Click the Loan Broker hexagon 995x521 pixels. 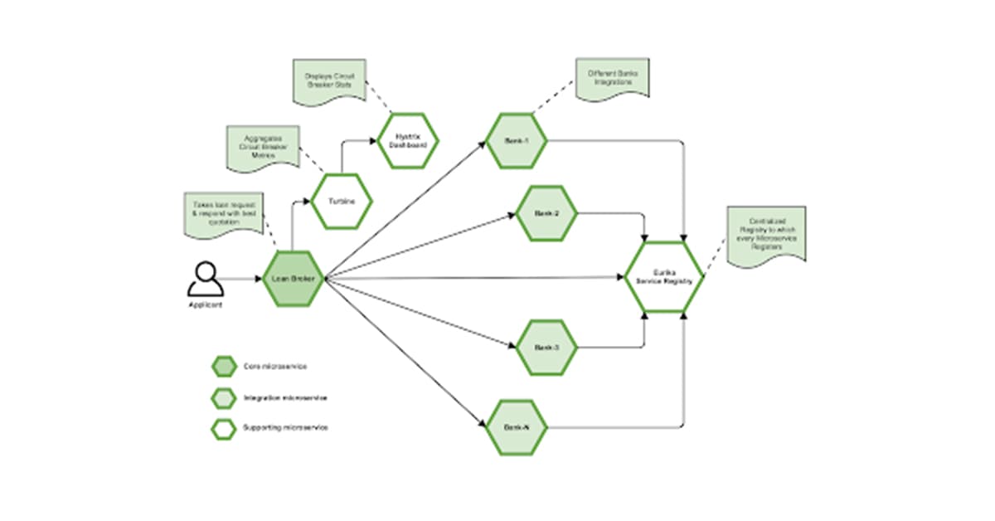point(292,279)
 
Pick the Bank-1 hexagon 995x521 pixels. point(516,141)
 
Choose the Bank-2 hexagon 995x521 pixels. point(546,214)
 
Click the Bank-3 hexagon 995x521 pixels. point(546,347)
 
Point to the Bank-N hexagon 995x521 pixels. point(516,427)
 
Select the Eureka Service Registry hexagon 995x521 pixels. point(663,278)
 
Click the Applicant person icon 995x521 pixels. point(205,279)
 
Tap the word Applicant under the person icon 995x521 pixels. point(205,305)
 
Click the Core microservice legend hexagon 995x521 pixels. point(223,366)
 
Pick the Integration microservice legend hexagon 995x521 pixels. point(223,398)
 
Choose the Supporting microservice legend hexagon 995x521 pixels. point(223,428)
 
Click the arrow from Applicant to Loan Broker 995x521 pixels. point(242,279)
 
